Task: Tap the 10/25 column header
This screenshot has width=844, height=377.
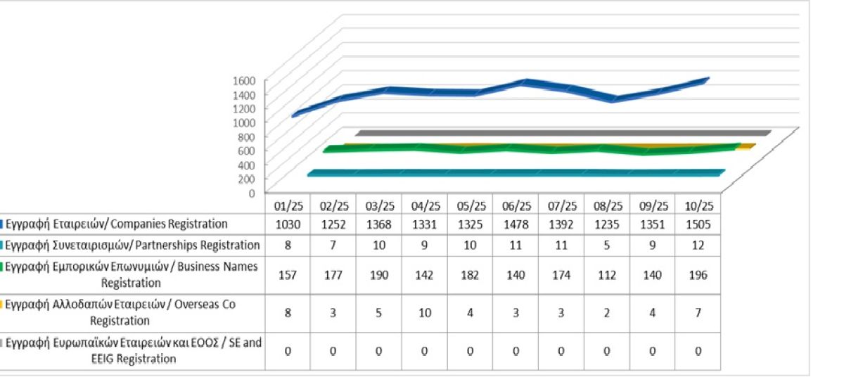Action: (x=699, y=206)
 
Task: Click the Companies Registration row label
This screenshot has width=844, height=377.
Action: (x=117, y=224)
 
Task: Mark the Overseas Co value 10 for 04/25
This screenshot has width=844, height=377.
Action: (x=425, y=312)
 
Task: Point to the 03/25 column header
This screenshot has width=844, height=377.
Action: (x=379, y=206)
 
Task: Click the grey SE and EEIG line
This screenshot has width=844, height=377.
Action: (x=563, y=132)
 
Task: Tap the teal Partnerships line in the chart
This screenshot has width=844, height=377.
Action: (x=513, y=173)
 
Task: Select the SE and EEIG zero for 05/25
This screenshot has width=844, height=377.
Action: (x=471, y=351)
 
